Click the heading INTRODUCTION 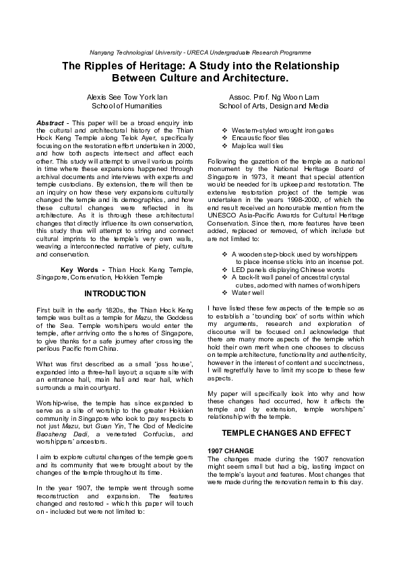click(115, 294)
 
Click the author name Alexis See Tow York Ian click(127, 97)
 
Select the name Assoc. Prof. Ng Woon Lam click(274, 97)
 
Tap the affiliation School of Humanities click(127, 106)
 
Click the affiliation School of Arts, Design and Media click(274, 106)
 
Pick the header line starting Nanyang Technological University click(200, 52)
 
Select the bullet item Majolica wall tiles click(264, 145)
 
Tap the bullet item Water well click(249, 293)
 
